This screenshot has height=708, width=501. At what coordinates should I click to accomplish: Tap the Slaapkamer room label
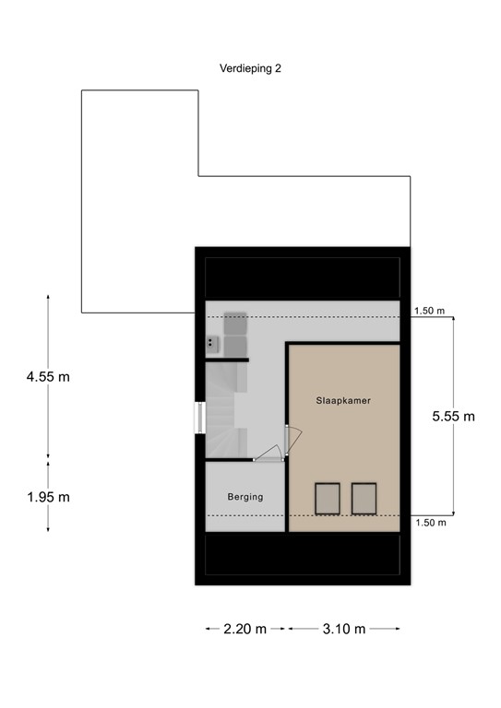(344, 402)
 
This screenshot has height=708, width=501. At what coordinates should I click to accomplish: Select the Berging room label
(245, 497)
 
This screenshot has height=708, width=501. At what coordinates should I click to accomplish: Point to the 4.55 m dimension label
(48, 376)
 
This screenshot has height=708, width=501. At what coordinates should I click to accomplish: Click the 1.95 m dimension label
(48, 497)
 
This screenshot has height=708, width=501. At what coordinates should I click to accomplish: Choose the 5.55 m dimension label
(453, 416)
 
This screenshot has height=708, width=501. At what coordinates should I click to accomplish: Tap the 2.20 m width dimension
(245, 629)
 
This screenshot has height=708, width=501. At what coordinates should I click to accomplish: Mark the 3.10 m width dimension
(344, 629)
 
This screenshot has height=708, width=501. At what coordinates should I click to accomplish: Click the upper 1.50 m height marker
(429, 312)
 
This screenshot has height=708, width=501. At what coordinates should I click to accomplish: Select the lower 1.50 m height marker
(429, 523)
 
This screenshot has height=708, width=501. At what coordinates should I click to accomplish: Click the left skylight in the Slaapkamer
(328, 499)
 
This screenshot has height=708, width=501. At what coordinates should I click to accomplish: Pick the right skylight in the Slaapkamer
(364, 499)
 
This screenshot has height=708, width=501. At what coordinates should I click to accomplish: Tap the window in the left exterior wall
(198, 417)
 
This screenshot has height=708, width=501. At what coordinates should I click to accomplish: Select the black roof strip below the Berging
(302, 558)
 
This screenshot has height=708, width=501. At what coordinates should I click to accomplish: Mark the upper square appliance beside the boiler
(234, 321)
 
